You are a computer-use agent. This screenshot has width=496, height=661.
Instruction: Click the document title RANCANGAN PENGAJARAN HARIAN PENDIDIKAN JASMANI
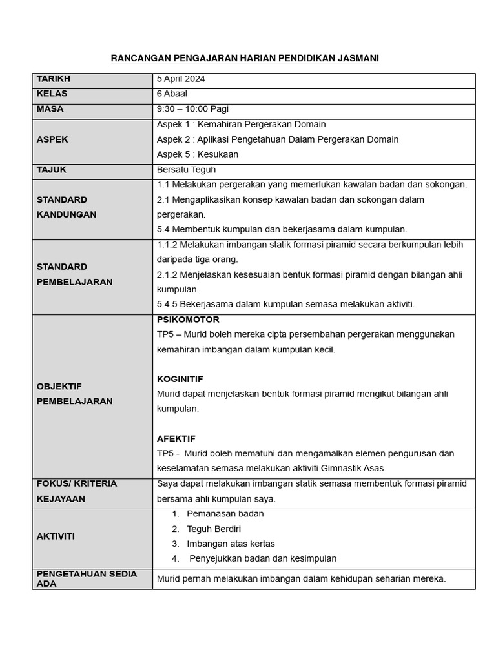click(x=245, y=59)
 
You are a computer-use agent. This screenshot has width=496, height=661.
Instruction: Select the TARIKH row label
click(x=54, y=79)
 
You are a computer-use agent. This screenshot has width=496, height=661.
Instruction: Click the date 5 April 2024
click(x=181, y=79)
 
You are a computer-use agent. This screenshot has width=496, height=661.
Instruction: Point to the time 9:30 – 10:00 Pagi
click(x=192, y=109)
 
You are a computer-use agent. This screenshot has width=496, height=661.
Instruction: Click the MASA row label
click(x=50, y=109)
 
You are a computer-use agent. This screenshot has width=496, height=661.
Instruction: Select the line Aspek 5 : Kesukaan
click(x=198, y=154)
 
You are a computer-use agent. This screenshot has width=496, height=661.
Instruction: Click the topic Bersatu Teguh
click(x=186, y=170)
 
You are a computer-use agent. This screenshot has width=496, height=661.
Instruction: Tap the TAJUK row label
click(x=52, y=170)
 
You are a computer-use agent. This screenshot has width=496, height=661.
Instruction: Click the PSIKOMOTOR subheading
click(x=188, y=320)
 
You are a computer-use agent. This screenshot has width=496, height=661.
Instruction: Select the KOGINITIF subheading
click(x=180, y=379)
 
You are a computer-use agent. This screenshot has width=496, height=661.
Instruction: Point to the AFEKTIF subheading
click(x=176, y=438)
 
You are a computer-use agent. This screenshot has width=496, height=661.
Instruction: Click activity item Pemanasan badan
click(x=225, y=514)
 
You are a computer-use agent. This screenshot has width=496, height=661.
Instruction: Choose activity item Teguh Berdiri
click(x=214, y=529)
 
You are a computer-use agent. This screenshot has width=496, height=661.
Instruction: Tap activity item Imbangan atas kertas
click(x=231, y=544)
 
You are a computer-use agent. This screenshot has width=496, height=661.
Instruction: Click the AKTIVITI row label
click(x=56, y=536)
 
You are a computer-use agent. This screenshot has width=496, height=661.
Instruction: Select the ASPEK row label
click(x=52, y=139)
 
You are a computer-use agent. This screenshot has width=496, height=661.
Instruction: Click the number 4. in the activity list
click(x=175, y=558)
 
